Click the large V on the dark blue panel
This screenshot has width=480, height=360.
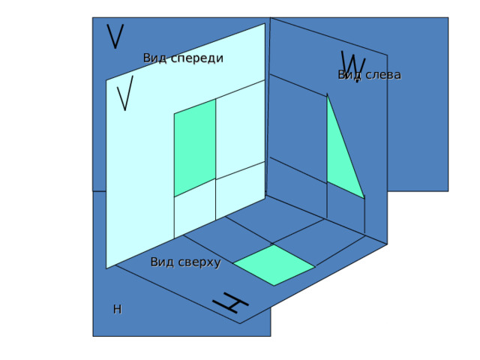click(x=115, y=36)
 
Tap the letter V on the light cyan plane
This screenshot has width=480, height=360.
click(x=125, y=93)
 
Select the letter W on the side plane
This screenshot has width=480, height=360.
click(x=353, y=65)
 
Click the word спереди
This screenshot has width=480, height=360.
click(x=196, y=58)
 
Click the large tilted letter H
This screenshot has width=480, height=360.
click(x=230, y=303)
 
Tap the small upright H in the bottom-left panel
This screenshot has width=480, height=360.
click(x=118, y=310)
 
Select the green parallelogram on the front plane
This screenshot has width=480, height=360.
click(x=195, y=148)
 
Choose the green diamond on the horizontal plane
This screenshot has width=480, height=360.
click(x=274, y=265)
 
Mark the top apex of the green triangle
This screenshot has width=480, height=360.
click(x=327, y=96)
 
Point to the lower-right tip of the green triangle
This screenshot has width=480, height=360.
click(x=364, y=198)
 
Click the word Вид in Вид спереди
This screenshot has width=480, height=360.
click(x=155, y=58)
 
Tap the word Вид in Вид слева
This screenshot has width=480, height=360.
click(x=349, y=75)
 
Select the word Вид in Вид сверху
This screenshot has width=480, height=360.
click(x=162, y=262)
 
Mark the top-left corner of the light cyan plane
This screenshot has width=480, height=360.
click(x=106, y=80)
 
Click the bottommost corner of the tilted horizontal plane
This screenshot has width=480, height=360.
click(x=240, y=323)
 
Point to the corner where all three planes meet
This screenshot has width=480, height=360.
click(x=265, y=195)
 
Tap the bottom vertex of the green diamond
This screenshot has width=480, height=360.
click(x=274, y=286)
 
